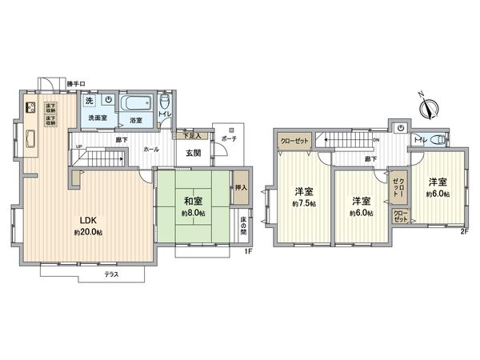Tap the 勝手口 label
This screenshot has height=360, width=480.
click(76, 83)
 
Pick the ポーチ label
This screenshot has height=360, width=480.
click(229, 138)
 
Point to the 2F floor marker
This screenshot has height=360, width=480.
click(463, 232)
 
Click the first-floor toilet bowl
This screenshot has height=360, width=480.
click(164, 104)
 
